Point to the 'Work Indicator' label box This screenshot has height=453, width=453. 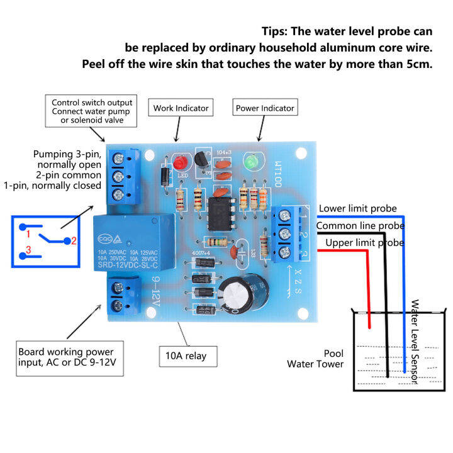[x=181, y=108]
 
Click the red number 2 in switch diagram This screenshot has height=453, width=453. [x=74, y=240]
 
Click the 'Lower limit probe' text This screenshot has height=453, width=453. [x=357, y=208]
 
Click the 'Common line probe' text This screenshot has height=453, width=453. [x=359, y=225]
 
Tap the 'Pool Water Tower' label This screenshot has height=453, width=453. [x=324, y=359]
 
